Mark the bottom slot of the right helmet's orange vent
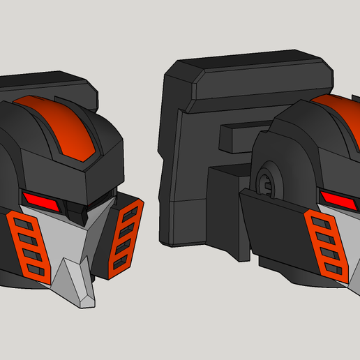coord(336,268)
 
